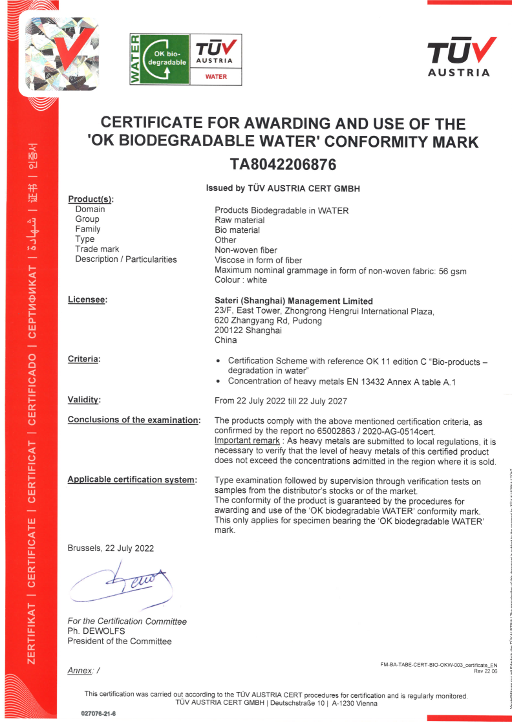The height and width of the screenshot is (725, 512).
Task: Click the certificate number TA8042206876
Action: [283, 164]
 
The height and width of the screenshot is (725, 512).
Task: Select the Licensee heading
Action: [87, 299]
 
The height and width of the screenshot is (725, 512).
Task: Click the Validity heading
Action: [84, 400]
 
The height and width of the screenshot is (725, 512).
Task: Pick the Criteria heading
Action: [84, 358]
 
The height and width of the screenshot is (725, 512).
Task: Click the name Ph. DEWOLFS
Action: [96, 631]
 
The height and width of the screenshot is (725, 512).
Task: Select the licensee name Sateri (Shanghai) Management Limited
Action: [293, 301]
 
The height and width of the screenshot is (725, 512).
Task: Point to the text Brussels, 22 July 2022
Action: [111, 548]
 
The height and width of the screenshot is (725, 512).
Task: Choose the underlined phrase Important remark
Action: [247, 440]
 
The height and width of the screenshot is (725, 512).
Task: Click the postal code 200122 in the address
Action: [229, 330]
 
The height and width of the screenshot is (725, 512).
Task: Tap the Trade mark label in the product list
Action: [97, 250]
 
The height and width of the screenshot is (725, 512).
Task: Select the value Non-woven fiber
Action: [246, 250]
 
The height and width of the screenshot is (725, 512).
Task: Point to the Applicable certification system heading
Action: [131, 480]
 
